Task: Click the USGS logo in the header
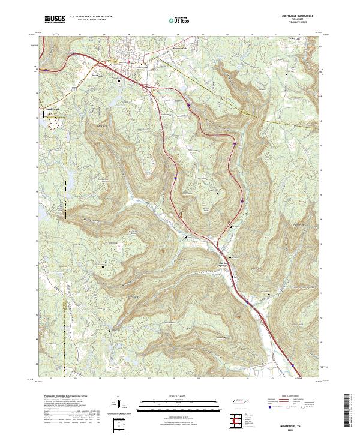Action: (55, 19)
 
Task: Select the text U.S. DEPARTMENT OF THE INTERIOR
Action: (91, 16)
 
